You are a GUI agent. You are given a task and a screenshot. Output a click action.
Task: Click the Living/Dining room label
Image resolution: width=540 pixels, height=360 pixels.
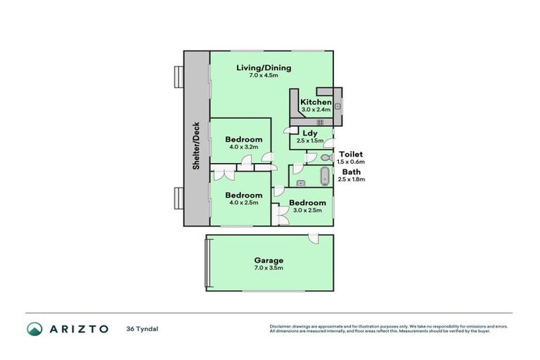point(264,67)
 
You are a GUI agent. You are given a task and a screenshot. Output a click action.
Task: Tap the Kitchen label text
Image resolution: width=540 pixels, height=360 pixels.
point(316,102)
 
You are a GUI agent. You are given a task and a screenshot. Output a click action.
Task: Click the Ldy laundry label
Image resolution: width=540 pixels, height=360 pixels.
point(310,133)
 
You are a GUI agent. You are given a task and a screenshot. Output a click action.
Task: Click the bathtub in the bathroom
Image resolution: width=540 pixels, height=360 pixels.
point(324,176)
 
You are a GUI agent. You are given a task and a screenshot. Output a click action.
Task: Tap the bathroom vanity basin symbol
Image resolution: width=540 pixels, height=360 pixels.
point(300,183)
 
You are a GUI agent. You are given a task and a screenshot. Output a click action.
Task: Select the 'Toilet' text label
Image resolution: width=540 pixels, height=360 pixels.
point(351,154)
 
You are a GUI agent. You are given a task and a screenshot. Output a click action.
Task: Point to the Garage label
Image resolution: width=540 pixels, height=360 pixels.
point(269,260)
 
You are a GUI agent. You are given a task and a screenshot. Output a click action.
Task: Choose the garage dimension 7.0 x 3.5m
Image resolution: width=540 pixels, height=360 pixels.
point(269,268)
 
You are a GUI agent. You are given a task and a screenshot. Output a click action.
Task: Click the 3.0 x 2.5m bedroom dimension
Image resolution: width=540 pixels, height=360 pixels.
point(307,210)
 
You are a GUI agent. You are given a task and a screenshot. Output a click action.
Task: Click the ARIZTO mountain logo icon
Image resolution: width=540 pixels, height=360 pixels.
point(36,328)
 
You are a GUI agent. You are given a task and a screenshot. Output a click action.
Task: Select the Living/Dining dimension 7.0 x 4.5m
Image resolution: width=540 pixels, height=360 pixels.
point(264,75)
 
